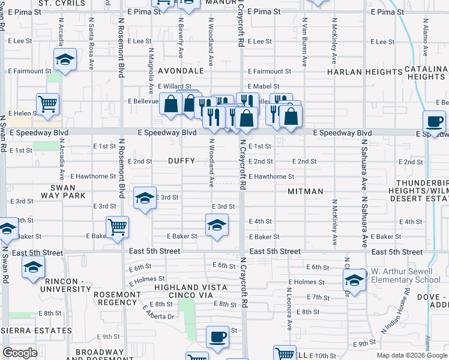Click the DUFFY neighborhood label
pyautogui.click(x=181, y=161)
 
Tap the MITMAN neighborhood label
pyautogui.click(x=306, y=191)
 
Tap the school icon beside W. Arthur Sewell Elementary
pyautogui.click(x=354, y=280)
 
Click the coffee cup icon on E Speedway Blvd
pyautogui.click(x=435, y=122)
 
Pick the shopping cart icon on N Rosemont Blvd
pyautogui.click(x=117, y=227)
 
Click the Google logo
pyautogui.click(x=20, y=353)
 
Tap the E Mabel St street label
pyautogui.click(x=263, y=86)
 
